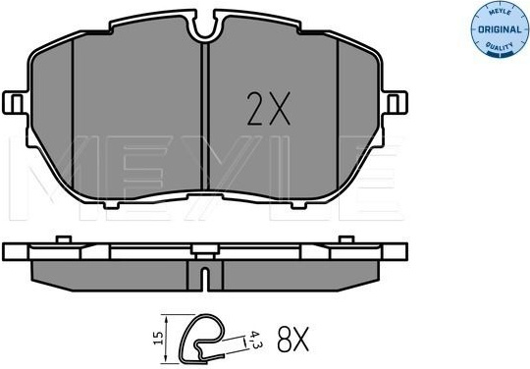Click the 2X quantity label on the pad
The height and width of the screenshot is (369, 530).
point(269,109)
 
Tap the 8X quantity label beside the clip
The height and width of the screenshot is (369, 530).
point(293,339)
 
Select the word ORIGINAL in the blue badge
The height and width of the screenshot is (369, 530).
point(500,29)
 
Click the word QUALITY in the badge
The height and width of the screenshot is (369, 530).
point(500,48)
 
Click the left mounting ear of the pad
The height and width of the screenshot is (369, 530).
point(14,103)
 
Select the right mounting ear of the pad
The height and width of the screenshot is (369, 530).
point(396,103)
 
